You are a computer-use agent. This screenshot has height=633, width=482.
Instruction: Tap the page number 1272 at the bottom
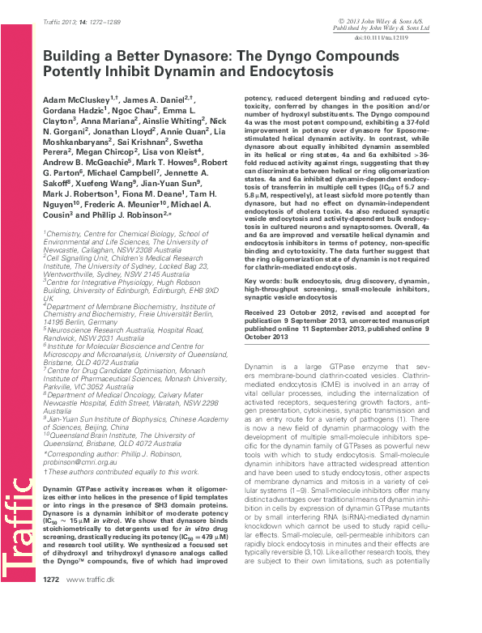pyautogui.click(x=50, y=625)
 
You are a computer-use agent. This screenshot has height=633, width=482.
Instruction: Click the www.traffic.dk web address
pyautogui.click(x=90, y=625)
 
